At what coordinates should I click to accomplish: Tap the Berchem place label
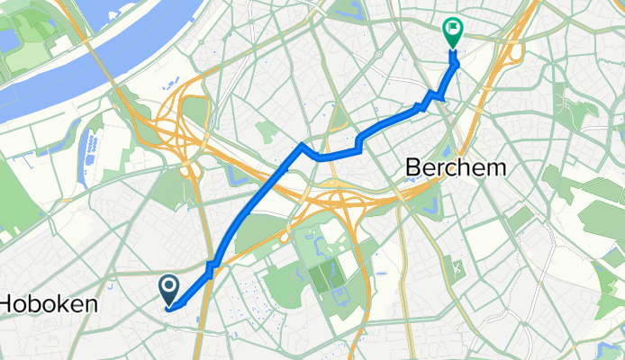pyautogui.click(x=457, y=167)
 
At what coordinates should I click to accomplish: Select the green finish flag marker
pyautogui.click(x=452, y=33)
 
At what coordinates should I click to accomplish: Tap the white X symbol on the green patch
pyautogui.click(x=457, y=266)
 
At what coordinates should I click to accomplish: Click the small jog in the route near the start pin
pyautogui.click(x=211, y=268)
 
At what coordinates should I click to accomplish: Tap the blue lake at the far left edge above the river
pyautogui.click(x=7, y=40)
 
